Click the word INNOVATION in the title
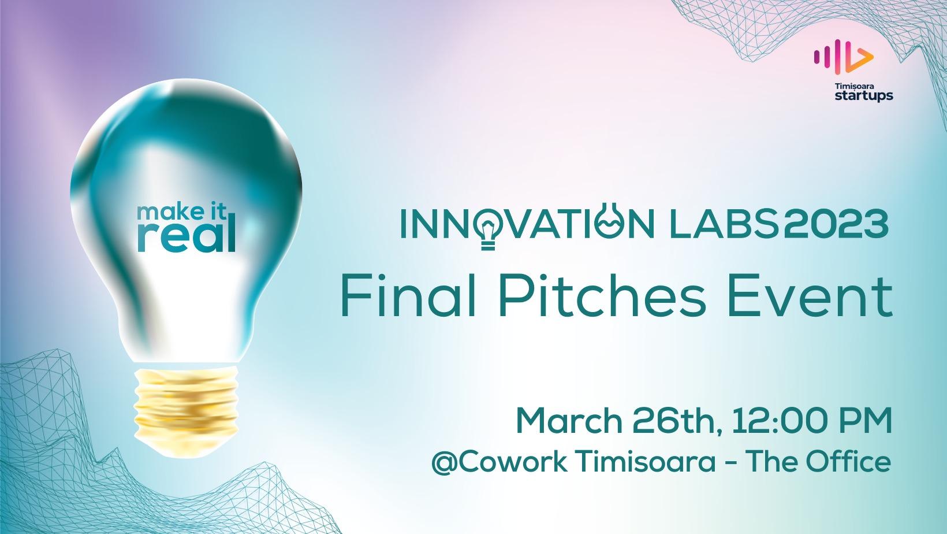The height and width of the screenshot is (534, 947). point(527,225)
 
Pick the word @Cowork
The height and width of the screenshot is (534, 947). point(499,462)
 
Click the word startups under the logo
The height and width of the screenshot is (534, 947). point(864,96)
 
